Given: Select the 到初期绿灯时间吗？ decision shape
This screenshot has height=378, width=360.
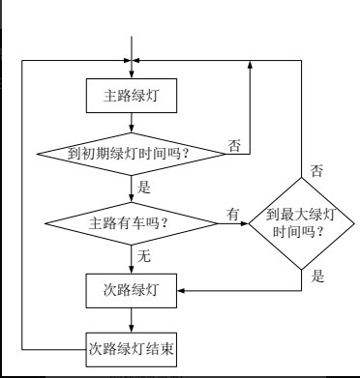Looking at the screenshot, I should [x=131, y=153].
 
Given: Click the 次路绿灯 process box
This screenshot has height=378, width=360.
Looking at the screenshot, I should [x=131, y=289].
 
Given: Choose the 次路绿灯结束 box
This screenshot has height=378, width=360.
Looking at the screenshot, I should [x=131, y=345].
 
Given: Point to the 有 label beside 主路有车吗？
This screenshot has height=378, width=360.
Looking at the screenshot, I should [x=233, y=214].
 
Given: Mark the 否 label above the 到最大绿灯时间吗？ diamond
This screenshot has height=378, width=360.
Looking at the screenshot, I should [x=316, y=171].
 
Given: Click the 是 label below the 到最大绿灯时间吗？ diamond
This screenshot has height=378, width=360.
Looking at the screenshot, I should [x=316, y=276].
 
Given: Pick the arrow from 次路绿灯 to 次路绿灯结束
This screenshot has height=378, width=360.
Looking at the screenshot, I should [x=132, y=317].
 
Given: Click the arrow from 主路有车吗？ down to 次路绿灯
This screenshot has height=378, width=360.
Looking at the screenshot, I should [x=132, y=257].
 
